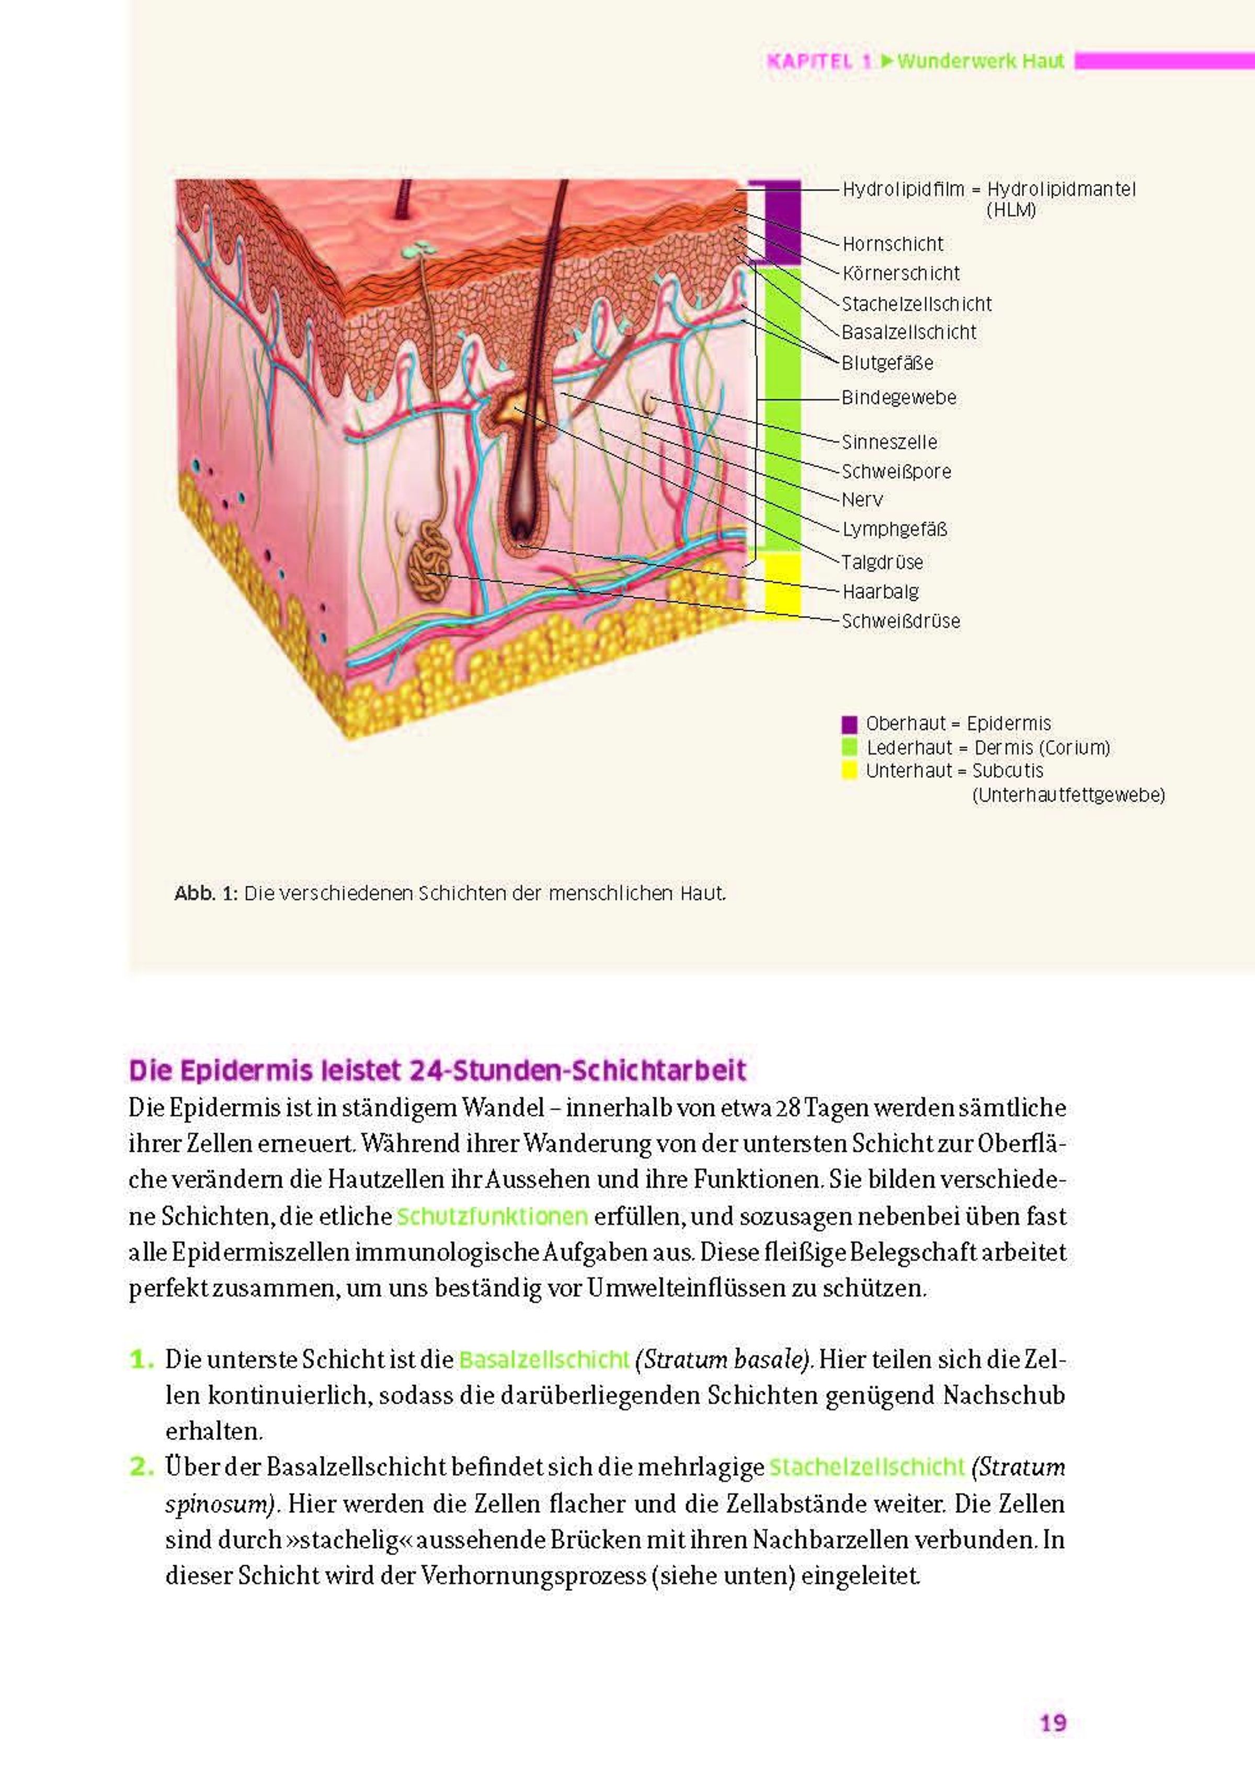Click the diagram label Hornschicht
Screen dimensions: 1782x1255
[x=892, y=244]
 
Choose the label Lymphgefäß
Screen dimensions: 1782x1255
[x=895, y=529]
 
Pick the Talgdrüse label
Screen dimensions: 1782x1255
[x=882, y=562]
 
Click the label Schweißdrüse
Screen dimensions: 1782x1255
[x=901, y=621]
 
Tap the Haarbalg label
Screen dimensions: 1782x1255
[x=881, y=592]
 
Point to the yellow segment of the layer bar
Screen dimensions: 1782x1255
[x=783, y=585]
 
